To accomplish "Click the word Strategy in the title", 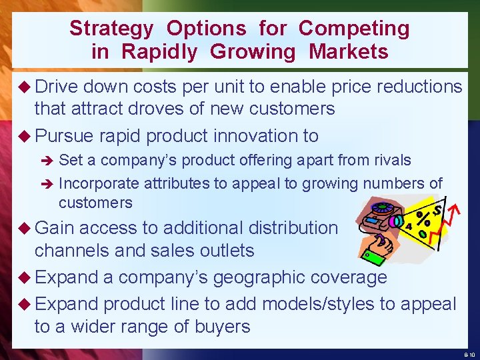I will pos(111,29).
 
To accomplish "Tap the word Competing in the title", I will pos(354,29).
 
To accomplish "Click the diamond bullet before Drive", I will pos(24,87).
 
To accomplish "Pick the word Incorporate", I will pos(99,183).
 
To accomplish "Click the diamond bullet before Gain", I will pos(24,228).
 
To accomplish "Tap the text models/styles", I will pos(327,304).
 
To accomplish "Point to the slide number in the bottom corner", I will pos(469,354).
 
